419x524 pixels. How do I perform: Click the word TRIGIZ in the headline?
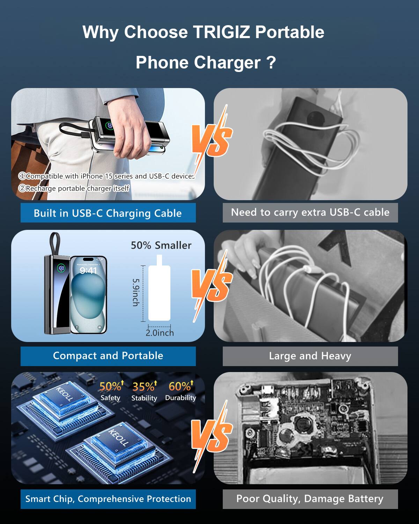(x=221, y=32)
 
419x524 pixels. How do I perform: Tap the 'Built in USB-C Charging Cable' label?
(x=108, y=213)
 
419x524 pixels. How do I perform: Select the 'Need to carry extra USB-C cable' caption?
(x=310, y=212)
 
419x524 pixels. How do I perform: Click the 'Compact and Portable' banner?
(x=108, y=356)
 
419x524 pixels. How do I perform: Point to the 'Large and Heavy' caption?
(x=310, y=356)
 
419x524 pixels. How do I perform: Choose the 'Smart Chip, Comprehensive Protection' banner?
(x=108, y=499)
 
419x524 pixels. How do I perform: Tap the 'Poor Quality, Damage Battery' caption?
(x=310, y=499)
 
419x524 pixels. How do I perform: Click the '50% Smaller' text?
(x=161, y=245)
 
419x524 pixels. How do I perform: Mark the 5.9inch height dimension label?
(x=136, y=292)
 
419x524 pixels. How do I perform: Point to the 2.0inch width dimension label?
(x=160, y=333)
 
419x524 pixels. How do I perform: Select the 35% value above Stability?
(x=144, y=387)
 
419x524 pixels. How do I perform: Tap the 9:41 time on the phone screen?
(x=88, y=271)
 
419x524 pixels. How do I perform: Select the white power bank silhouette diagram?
(x=159, y=292)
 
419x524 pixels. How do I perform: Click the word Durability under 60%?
(x=181, y=398)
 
